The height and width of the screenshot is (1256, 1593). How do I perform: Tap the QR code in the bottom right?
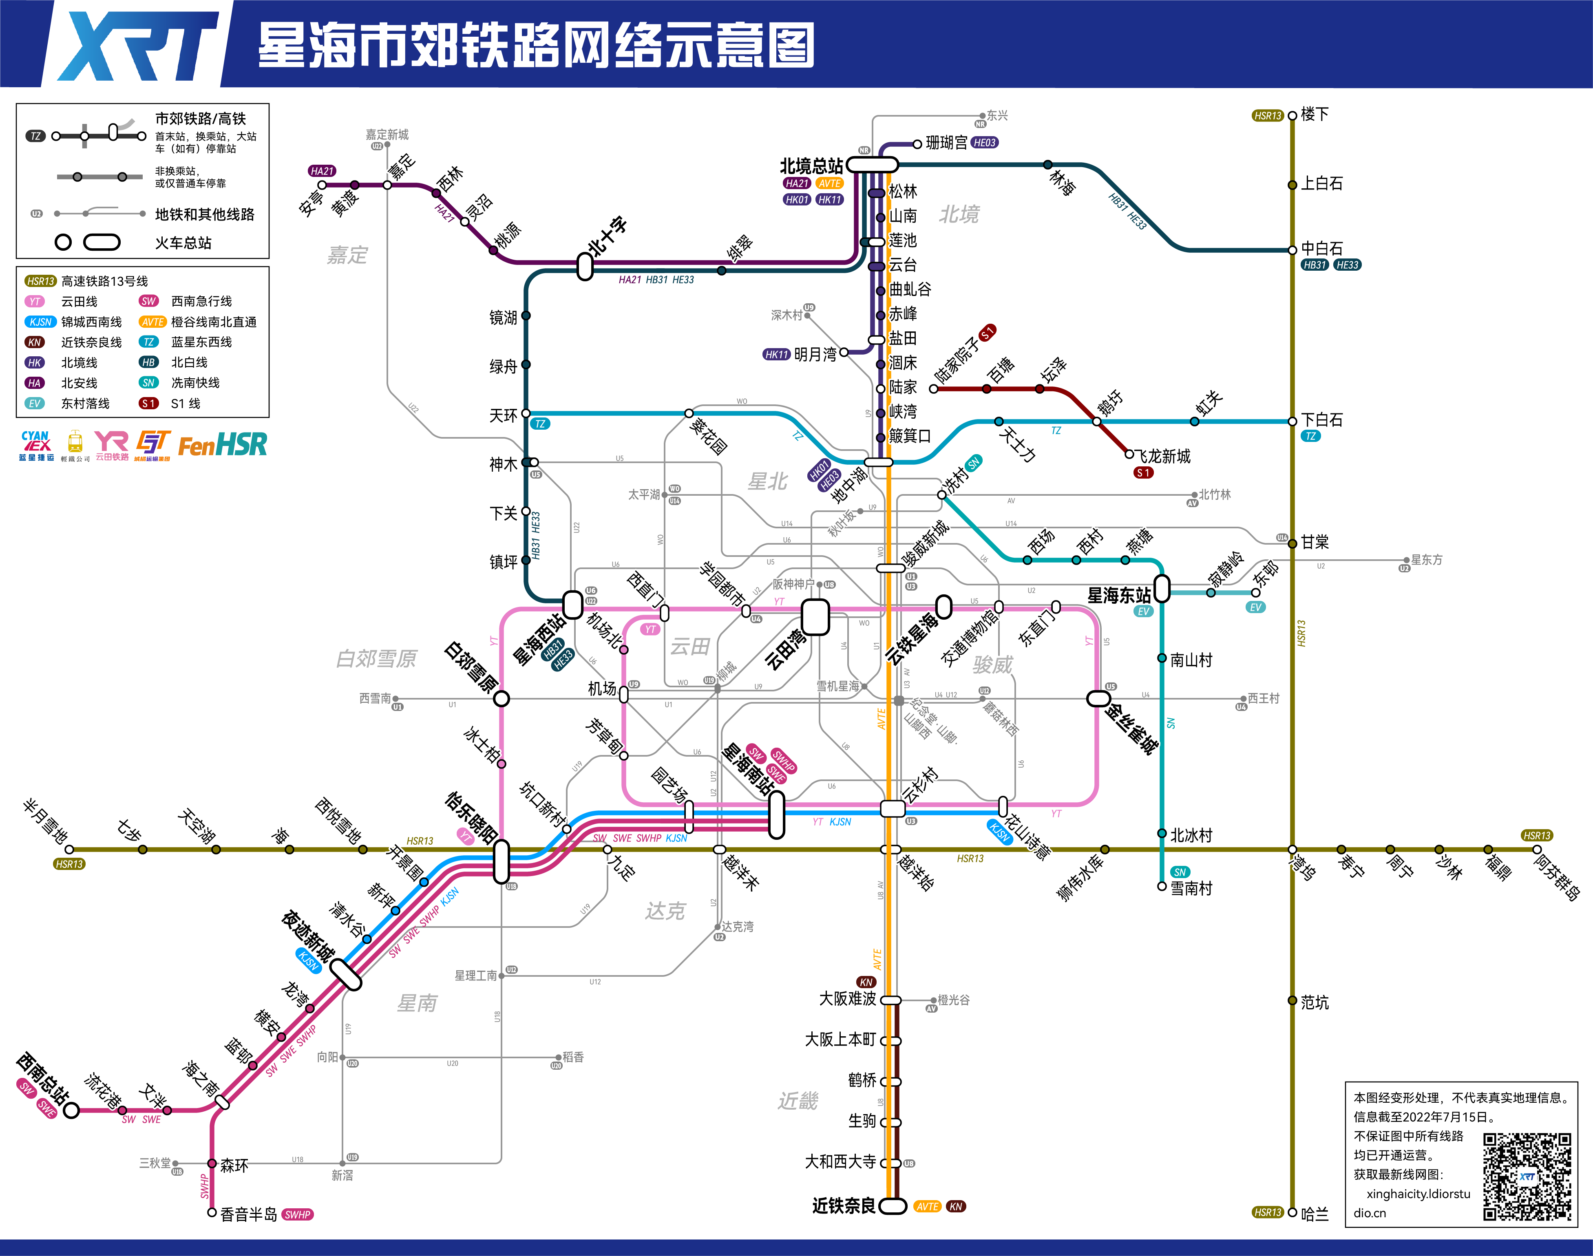point(1527,1177)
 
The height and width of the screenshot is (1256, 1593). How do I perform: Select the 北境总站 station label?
point(811,166)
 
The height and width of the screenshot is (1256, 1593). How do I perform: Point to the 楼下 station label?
point(1315,115)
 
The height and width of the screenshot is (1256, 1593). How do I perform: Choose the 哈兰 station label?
point(1315,1214)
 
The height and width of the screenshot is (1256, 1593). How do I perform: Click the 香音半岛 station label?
point(249,1214)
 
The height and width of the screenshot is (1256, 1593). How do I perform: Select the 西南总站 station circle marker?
point(71,1110)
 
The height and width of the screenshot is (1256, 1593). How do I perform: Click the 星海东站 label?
point(1119,595)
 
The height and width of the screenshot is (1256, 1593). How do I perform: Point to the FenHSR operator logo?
point(222,445)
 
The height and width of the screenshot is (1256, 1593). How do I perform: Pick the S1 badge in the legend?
point(148,403)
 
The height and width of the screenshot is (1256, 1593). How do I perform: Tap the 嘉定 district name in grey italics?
point(347,255)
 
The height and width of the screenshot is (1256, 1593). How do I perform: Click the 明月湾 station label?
point(815,354)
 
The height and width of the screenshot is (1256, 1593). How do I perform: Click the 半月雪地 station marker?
point(70,849)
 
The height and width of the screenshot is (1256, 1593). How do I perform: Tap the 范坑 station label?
point(1315,1002)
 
